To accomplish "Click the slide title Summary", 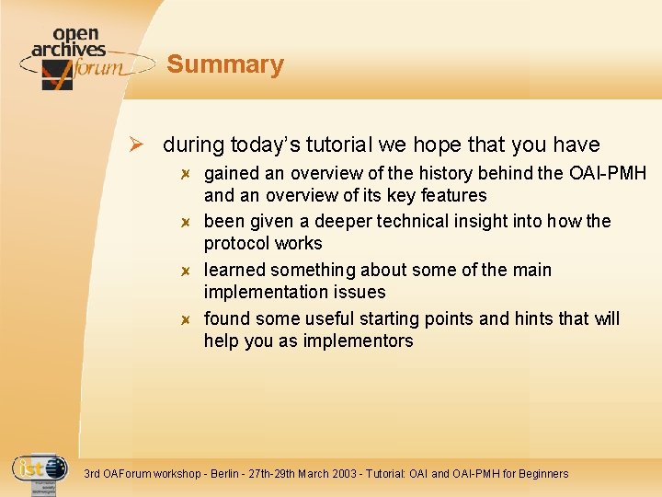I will point(225,64).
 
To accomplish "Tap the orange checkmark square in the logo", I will point(57,75).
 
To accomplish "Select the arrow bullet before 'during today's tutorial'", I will point(134,145).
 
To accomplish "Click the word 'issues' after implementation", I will point(360,292).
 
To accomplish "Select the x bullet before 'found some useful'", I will point(185,319).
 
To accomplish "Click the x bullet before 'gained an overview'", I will point(185,174).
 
